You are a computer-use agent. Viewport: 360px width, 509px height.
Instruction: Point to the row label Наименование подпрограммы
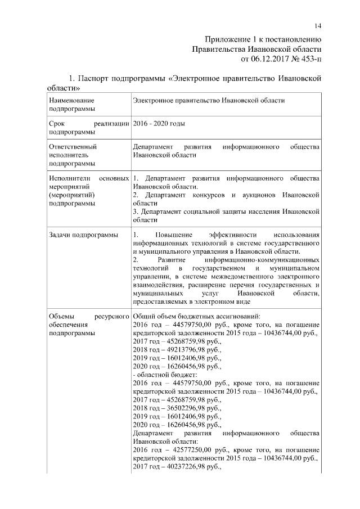[71, 105]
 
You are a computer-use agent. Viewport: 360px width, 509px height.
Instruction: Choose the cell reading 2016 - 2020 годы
[159, 123]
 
